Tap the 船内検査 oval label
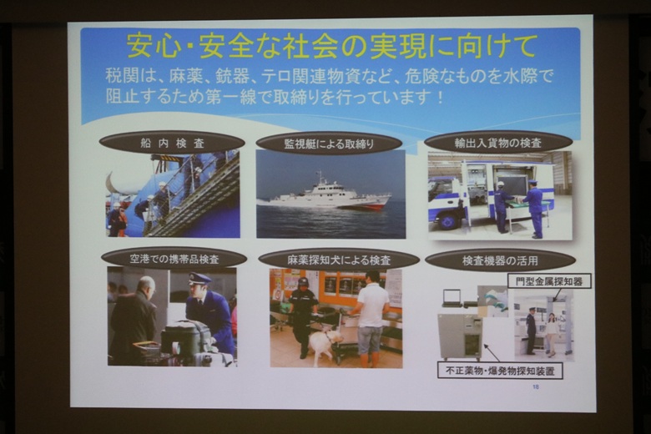coord(172,144)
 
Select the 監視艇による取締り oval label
coord(329,144)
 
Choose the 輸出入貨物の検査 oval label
coord(498,143)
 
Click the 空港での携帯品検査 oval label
coord(174,260)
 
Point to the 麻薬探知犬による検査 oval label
coord(339,260)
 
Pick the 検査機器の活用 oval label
coord(500,260)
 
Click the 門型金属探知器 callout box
coord(549,281)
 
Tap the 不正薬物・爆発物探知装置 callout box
coord(500,371)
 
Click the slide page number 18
coord(536,387)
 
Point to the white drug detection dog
coord(325,343)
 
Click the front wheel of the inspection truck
coord(447,221)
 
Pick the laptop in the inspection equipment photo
coord(451,297)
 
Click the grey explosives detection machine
coord(461,336)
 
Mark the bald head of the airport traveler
coord(146,285)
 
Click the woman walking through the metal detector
coord(552,335)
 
